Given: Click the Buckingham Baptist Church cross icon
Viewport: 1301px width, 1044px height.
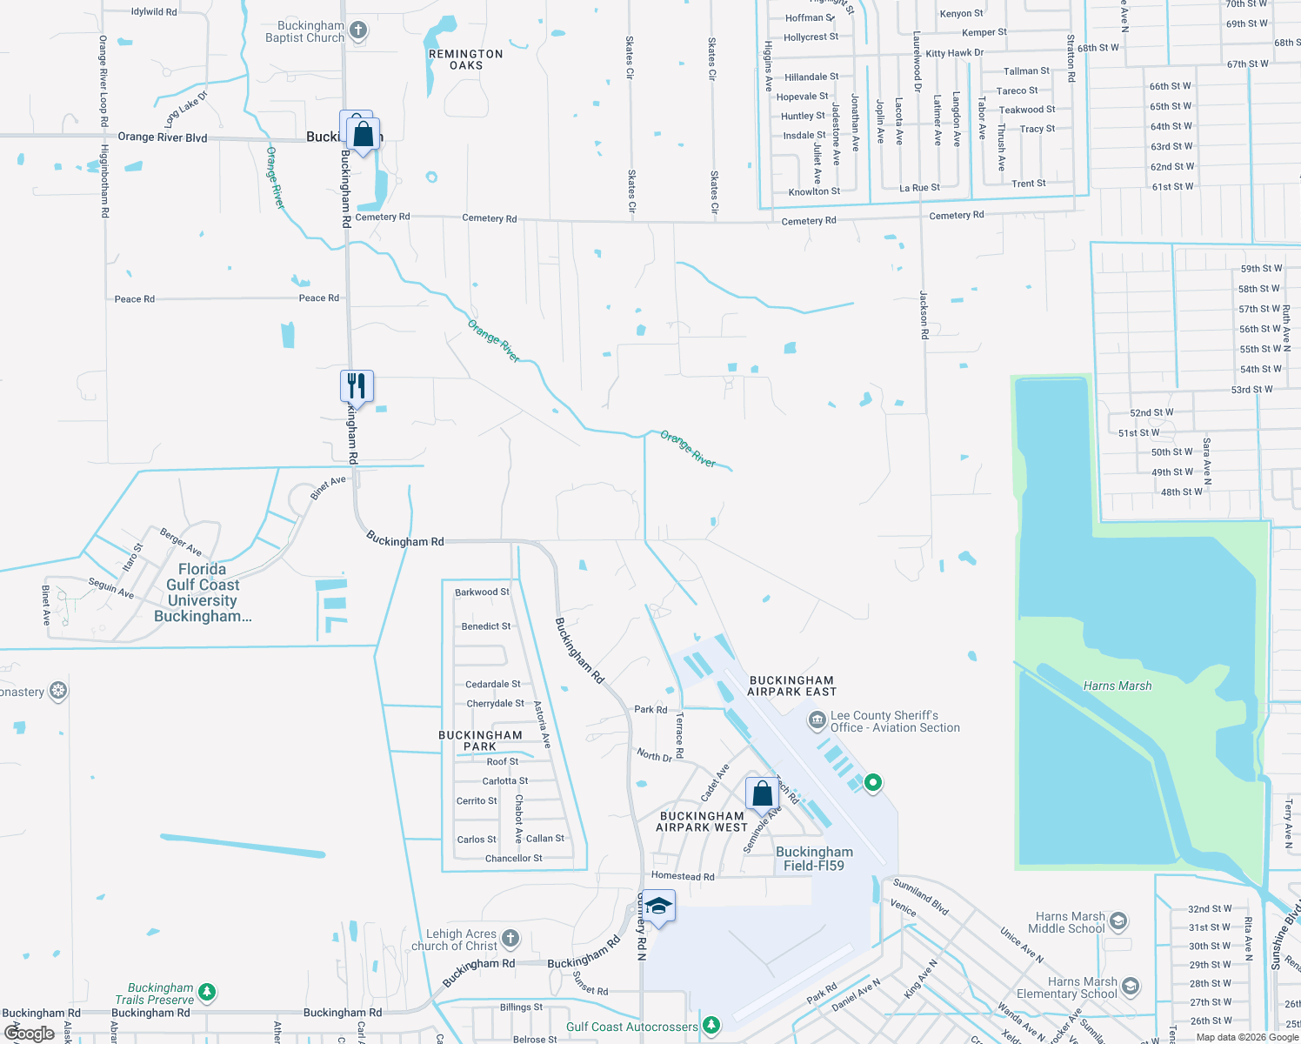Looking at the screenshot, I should tap(357, 31).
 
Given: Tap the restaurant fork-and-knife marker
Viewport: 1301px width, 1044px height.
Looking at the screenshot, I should tap(357, 385).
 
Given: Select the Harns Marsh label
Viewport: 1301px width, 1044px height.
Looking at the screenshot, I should tap(1117, 686).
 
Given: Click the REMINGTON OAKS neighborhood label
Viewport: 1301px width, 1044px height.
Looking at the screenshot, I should tap(465, 59).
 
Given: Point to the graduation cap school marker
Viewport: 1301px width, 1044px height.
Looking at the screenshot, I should tap(658, 907).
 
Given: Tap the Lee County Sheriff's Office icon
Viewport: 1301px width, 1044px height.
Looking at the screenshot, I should tap(817, 720).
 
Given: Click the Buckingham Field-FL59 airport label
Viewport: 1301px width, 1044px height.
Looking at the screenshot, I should tap(814, 859).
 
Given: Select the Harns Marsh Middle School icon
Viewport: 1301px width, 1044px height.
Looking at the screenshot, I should tap(1118, 920).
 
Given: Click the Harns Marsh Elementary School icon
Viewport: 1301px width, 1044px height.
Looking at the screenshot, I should tap(1131, 986).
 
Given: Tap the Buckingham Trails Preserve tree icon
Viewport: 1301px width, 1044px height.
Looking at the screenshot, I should tap(206, 992).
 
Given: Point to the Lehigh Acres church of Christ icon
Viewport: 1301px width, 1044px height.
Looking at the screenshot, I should tap(510, 938).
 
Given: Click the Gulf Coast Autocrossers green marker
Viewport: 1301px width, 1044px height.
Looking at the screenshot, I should tap(711, 1027).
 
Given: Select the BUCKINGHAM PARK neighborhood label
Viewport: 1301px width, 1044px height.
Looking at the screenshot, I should tap(480, 740).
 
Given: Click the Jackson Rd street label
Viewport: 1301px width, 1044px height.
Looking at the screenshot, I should tap(924, 308).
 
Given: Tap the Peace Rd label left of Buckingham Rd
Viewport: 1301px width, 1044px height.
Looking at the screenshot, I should tap(135, 299).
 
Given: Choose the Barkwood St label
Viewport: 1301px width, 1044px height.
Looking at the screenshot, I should tap(482, 592).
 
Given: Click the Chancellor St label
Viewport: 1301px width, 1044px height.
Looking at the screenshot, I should tap(513, 859).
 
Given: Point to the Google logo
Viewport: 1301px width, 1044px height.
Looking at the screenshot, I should tap(30, 1034).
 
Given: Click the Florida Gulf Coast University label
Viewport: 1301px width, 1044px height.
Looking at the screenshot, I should tap(203, 592).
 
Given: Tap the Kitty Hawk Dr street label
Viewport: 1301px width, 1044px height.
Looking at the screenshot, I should tap(954, 53).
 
